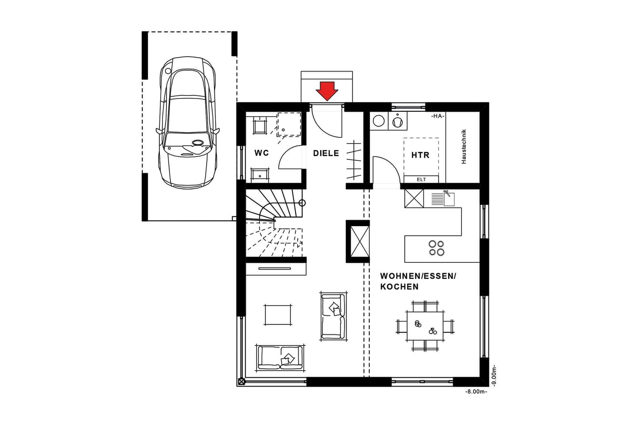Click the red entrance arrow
coord(327,91)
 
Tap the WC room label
coord(261,153)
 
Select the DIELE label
coord(326,153)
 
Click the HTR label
coord(420,155)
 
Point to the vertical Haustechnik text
coord(464,147)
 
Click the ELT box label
coord(421,179)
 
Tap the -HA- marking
coord(438,116)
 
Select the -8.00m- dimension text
coord(476,391)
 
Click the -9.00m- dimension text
coord(493,376)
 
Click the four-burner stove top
coord(437,248)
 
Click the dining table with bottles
coord(425,326)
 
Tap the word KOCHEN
coord(399,287)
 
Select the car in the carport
coord(187,122)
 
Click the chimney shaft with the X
coord(358,242)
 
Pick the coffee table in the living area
coord(278,315)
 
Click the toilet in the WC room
coord(260,126)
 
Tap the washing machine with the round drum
coord(378,121)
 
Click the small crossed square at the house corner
coord(242,382)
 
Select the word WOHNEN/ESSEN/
coord(418,276)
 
